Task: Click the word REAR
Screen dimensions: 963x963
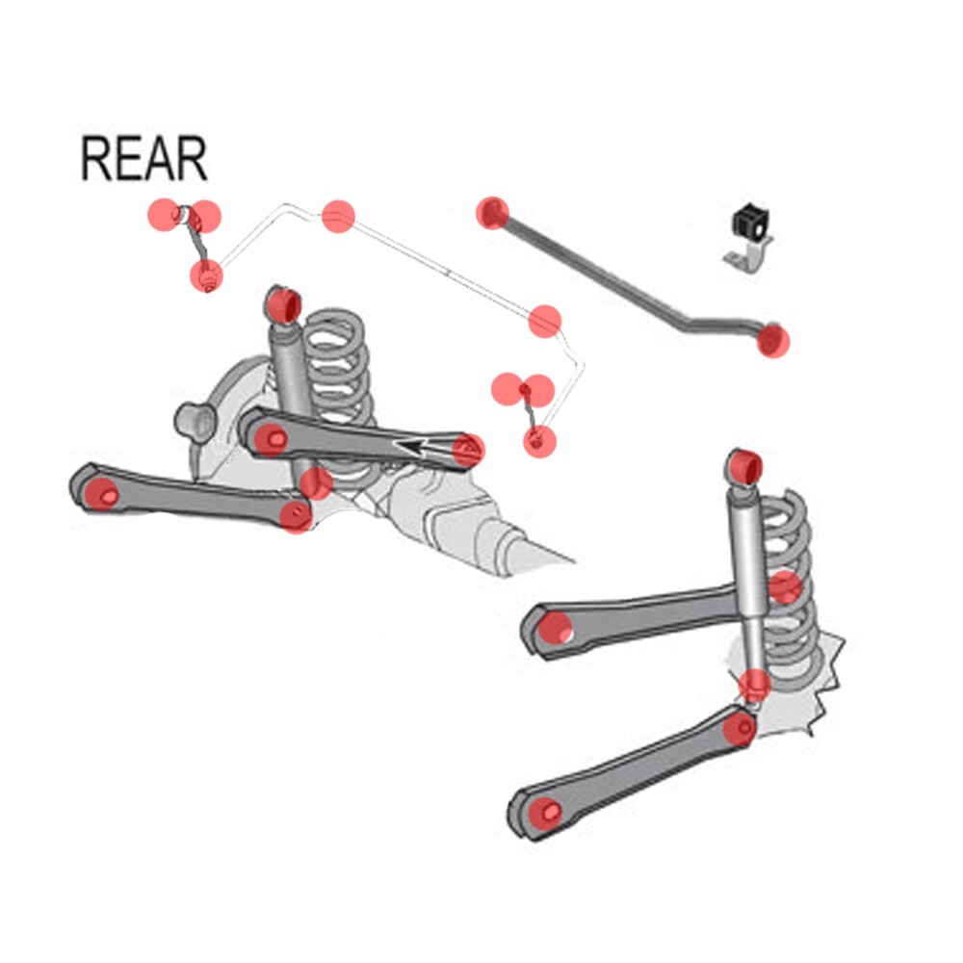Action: (143, 160)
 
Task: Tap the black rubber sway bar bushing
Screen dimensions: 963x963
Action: (747, 222)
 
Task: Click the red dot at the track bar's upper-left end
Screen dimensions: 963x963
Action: (492, 212)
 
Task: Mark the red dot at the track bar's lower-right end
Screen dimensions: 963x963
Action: (772, 340)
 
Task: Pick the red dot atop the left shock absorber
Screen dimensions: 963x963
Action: (282, 305)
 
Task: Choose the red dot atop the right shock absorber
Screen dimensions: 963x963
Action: (745, 468)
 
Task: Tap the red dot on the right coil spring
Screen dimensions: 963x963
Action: (785, 586)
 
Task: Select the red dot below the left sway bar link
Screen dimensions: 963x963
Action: (206, 275)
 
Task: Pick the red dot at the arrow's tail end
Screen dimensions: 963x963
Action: (468, 449)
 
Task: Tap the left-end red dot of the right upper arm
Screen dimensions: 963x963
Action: (554, 629)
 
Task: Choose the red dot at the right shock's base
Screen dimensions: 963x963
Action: (755, 686)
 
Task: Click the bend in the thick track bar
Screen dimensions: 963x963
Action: (686, 325)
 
